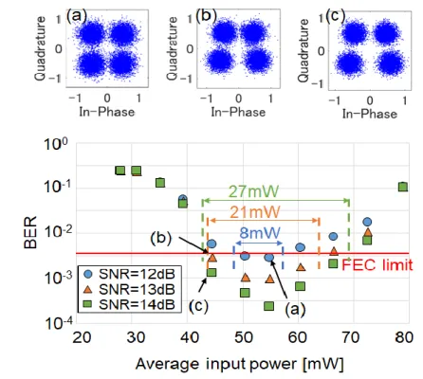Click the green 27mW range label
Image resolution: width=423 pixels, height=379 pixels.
click(x=254, y=191)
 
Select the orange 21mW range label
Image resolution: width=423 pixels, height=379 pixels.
click(x=255, y=212)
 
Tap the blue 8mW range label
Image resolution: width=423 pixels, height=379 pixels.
click(x=260, y=233)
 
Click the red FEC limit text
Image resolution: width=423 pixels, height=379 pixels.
click(x=377, y=265)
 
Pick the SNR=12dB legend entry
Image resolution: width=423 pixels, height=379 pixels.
click(x=131, y=274)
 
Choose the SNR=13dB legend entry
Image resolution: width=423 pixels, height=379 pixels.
click(x=131, y=289)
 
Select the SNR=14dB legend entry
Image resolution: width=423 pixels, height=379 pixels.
click(x=131, y=304)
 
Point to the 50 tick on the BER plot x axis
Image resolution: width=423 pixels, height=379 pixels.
click(x=244, y=337)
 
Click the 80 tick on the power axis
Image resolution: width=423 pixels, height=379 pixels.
click(x=404, y=337)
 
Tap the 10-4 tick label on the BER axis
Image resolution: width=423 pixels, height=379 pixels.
click(x=59, y=322)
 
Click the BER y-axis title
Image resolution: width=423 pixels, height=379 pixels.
click(x=30, y=232)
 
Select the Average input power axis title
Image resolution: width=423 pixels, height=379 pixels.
click(x=240, y=364)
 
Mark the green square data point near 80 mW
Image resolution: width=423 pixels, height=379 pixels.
click(x=403, y=187)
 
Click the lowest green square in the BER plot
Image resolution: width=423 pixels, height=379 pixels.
click(x=268, y=306)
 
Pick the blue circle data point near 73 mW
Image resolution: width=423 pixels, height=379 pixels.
click(x=367, y=222)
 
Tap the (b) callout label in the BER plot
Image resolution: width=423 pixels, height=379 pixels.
click(x=161, y=238)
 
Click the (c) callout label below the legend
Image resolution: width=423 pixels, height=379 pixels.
click(x=198, y=306)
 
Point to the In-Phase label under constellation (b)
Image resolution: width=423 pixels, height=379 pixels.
click(x=238, y=112)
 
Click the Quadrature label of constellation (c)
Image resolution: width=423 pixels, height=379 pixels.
click(x=303, y=51)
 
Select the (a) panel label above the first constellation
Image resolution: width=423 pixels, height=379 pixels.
click(x=76, y=15)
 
